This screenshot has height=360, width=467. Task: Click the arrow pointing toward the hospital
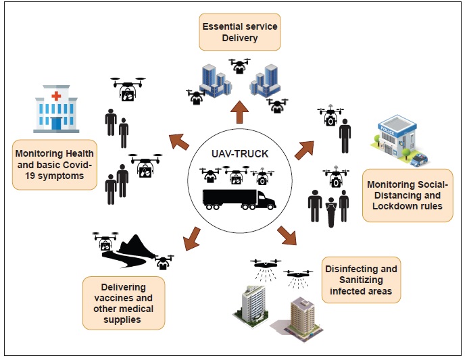(178, 140)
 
